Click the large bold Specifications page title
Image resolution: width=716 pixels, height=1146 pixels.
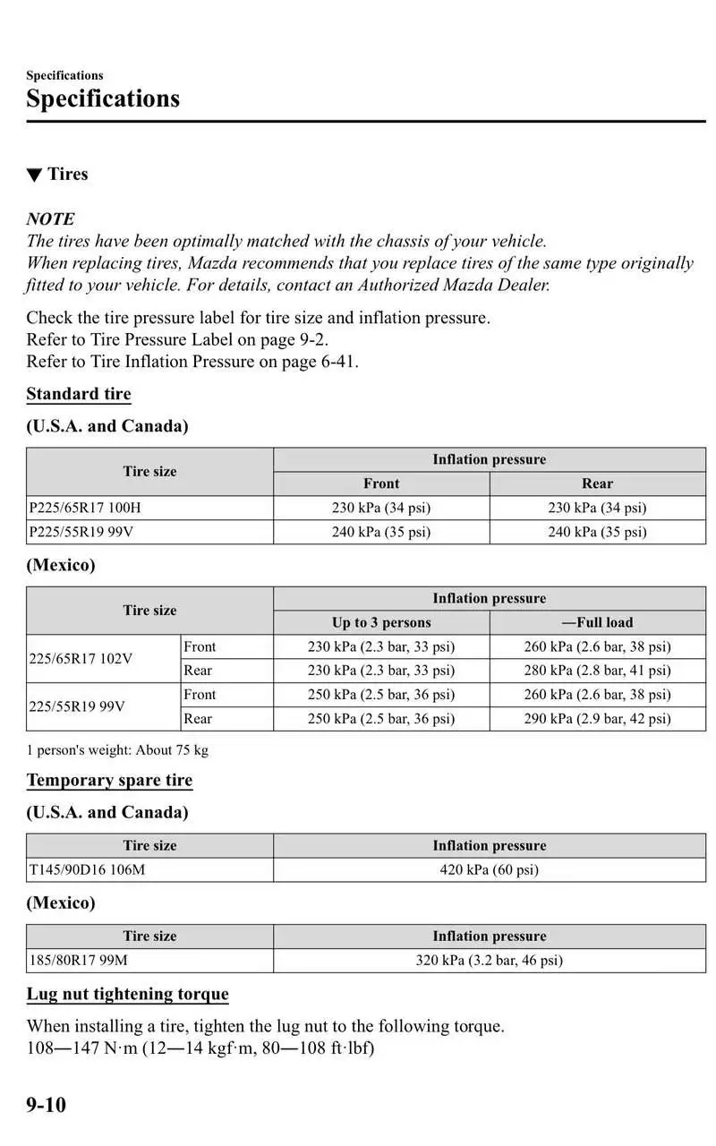coord(103,98)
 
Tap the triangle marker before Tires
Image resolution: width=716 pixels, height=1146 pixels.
coord(34,175)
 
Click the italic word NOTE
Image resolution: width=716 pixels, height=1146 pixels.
coord(50,218)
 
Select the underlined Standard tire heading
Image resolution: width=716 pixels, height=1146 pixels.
coord(79,394)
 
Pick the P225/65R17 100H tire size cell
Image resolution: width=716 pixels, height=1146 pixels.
coord(85,508)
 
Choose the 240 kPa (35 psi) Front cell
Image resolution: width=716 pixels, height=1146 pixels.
coord(381,532)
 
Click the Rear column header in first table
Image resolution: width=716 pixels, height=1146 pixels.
coord(597,483)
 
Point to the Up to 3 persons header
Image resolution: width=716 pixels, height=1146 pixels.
coord(381,622)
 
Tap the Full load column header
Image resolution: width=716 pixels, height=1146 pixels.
coord(597,622)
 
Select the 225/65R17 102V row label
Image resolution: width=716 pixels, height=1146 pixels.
coord(81,659)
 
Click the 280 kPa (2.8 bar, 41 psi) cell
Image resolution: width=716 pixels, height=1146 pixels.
coord(597,671)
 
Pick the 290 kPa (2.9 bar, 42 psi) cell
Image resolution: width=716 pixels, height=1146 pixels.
coord(597,718)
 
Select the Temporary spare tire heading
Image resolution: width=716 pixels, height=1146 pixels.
coord(109,780)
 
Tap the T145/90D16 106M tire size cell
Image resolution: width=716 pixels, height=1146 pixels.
coord(87,869)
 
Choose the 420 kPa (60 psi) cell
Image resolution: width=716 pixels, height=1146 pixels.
coord(489,869)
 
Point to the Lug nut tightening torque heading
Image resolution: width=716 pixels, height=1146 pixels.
coord(127,994)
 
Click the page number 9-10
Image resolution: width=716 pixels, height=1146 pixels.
coord(46,1105)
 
